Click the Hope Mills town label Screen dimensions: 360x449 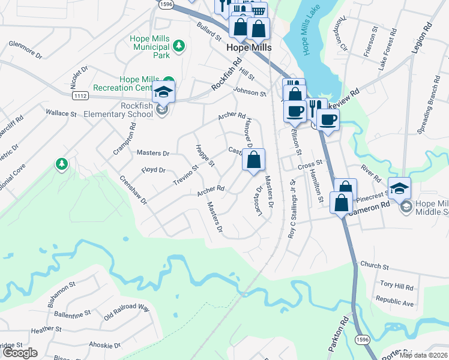[x=249, y=47]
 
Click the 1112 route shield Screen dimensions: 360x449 [x=80, y=95]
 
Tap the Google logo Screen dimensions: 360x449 [x=20, y=353]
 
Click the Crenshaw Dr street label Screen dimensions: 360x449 [x=133, y=190]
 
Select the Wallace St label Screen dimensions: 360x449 [x=61, y=113]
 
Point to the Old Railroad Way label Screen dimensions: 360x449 [x=126, y=311]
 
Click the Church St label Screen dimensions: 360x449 [x=375, y=265]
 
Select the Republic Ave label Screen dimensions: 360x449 [x=394, y=301]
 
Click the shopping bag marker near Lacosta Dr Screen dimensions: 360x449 [x=253, y=160]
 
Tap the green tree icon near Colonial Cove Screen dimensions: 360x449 [x=61, y=164]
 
